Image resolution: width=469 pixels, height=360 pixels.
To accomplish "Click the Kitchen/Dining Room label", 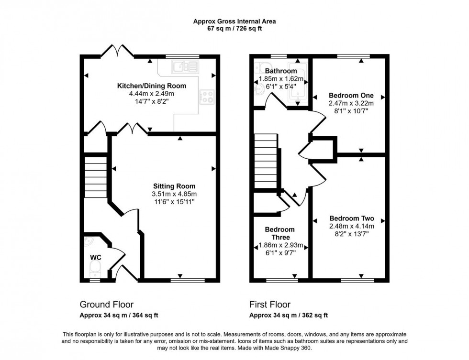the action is pos(152,86).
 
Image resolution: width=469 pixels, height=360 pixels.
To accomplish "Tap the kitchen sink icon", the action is pos(185,66).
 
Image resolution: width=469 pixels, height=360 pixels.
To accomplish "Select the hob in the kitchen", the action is pos(207,97).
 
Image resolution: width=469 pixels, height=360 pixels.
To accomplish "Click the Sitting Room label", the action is pos(174,186).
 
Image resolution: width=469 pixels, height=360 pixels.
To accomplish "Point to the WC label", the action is pos(96,258).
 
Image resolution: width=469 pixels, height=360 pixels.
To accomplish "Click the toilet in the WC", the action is pos(95,269).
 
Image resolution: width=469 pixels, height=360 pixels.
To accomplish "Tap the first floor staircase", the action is pos(266,161).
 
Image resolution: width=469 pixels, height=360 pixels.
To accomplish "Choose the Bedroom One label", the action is pos(351,96).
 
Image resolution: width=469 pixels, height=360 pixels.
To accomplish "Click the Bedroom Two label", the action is pos(352,218).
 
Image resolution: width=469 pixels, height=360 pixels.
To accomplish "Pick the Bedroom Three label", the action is pos(280,233).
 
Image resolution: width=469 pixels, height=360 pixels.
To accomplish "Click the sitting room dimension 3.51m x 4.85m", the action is pos(174,194).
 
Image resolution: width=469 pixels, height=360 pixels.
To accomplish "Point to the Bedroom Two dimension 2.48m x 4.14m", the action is pos(352,226).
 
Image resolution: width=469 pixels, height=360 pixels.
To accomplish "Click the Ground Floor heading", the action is pos(106,305).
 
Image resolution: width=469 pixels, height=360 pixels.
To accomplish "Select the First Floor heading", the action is pos(270,305).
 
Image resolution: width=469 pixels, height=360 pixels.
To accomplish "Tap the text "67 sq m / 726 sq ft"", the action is pos(234,29).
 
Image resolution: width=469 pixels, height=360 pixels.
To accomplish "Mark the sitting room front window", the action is pos(188,280).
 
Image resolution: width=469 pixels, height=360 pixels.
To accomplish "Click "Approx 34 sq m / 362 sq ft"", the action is pos(289,315).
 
